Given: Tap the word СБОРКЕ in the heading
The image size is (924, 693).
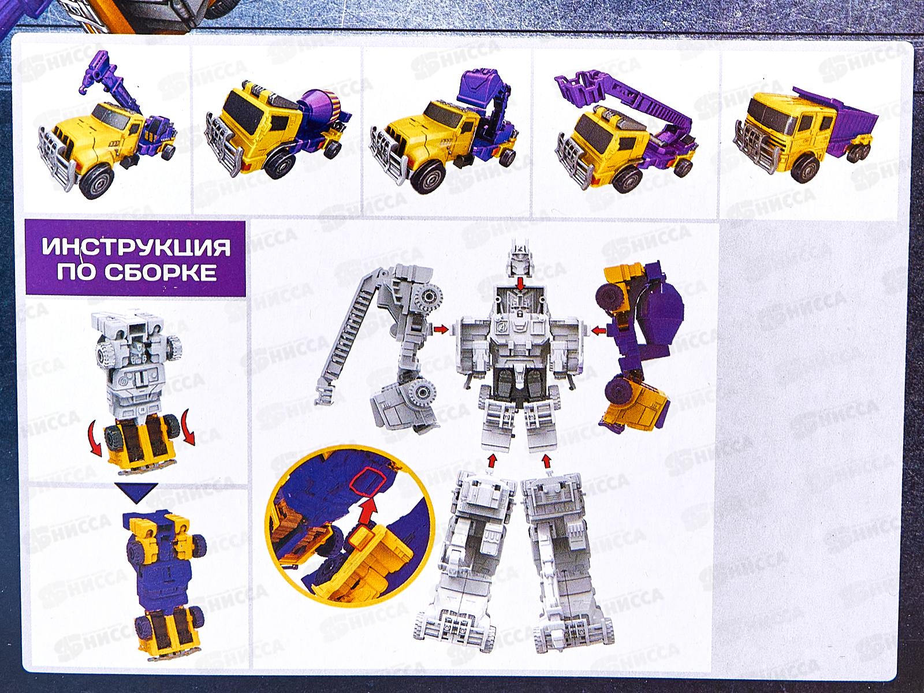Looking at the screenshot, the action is point(160,272).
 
